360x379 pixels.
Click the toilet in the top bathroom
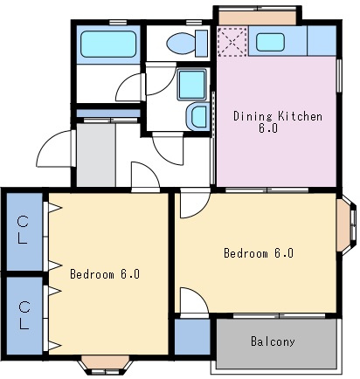click(x=187, y=43)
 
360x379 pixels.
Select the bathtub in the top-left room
click(x=108, y=44)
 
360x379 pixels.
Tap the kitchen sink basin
click(x=270, y=42)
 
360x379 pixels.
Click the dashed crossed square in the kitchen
click(x=232, y=42)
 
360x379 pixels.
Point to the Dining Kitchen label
click(x=278, y=116)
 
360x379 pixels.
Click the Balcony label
click(x=273, y=341)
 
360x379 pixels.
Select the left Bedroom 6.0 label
click(x=105, y=274)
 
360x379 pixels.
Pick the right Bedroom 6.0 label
click(x=259, y=252)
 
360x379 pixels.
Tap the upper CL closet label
click(x=23, y=230)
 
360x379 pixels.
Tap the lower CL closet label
click(x=24, y=315)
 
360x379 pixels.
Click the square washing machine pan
click(x=191, y=85)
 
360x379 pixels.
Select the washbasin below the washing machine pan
click(x=198, y=116)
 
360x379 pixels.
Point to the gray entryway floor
click(x=96, y=155)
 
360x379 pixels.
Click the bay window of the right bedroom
click(x=347, y=224)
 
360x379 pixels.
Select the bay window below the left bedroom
click(x=106, y=364)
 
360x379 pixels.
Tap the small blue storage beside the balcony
click(x=192, y=337)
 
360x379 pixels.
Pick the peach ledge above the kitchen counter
click(x=258, y=17)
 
